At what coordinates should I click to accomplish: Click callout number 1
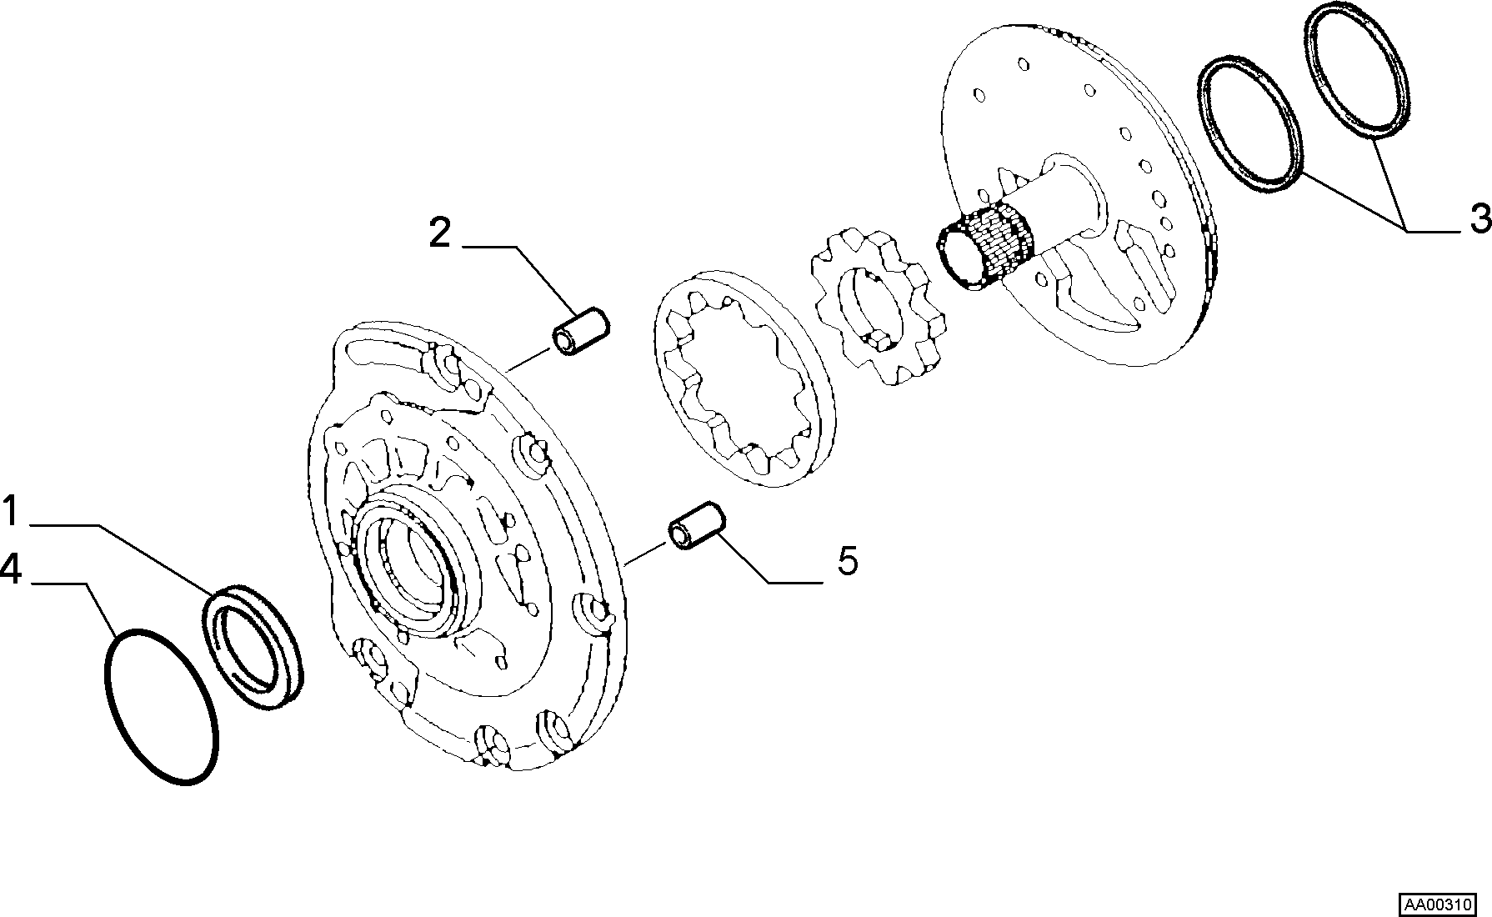coord(10,511)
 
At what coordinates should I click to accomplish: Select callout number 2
coord(439,233)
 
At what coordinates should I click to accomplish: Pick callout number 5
coord(847,561)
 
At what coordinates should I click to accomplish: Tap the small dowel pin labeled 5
coord(695,525)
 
